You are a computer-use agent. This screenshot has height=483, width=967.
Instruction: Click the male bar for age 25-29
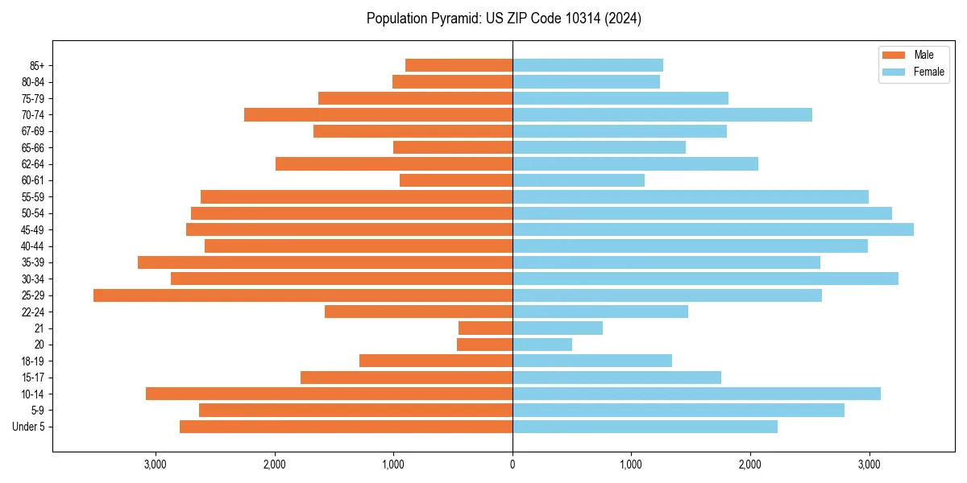click(303, 295)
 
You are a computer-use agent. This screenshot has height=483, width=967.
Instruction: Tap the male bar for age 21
click(485, 328)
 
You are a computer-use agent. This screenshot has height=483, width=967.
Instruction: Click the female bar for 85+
click(587, 65)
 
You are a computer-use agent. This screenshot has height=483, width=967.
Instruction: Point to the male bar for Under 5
click(346, 427)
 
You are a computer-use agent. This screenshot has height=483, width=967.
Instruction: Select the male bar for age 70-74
click(378, 114)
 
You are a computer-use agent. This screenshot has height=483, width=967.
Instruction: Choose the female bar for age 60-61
click(579, 180)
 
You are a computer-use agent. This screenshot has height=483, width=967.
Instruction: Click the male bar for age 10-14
click(329, 394)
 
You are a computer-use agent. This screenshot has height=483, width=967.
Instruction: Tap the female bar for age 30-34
click(705, 279)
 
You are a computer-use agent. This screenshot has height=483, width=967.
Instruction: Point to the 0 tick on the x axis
click(513, 464)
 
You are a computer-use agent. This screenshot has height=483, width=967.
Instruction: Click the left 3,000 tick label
click(156, 464)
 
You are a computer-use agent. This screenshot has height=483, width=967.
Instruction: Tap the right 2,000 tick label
click(749, 464)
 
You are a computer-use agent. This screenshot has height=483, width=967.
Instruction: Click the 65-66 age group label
click(33, 147)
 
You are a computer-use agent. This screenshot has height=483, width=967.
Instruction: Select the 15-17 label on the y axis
click(33, 378)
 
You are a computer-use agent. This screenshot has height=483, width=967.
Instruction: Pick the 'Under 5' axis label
click(29, 427)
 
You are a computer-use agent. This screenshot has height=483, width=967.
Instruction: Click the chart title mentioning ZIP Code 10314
click(504, 19)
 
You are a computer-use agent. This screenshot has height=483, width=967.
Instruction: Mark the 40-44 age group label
click(33, 246)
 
